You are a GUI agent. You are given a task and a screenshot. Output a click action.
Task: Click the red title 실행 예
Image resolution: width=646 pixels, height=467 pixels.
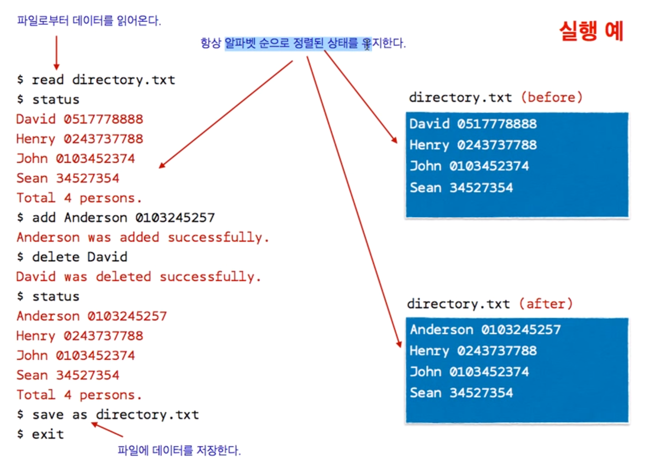coord(591,31)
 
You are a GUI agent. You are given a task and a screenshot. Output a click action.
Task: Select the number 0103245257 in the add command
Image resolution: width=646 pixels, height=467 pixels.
coord(175,218)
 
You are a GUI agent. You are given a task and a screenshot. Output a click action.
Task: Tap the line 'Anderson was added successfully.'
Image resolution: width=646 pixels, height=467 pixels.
coord(143,238)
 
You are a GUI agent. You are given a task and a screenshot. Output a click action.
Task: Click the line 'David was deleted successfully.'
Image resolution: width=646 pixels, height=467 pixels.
coord(138,277)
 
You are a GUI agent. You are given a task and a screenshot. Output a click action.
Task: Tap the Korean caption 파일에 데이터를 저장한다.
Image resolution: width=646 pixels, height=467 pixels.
coord(179,451)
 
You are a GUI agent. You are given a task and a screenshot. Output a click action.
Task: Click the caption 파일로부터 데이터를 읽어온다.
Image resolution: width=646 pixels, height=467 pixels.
coord(89,21)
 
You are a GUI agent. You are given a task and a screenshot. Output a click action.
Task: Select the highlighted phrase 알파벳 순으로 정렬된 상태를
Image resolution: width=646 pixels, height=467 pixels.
coord(298,43)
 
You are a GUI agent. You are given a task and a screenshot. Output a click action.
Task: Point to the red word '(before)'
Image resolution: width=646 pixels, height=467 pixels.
coord(552,98)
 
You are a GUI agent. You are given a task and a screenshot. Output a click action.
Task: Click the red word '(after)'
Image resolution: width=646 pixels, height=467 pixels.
coord(546,304)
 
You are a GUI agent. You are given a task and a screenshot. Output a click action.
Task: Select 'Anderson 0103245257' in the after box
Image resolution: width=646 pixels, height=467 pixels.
coord(485,330)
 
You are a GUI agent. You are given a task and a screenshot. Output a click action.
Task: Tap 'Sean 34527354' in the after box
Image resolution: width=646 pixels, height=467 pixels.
coord(461,393)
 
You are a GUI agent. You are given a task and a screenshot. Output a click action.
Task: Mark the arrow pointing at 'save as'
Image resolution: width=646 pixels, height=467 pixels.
coord(107,429)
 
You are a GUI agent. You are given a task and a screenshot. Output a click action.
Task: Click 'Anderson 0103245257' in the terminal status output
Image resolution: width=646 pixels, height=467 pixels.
coord(91,316)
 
